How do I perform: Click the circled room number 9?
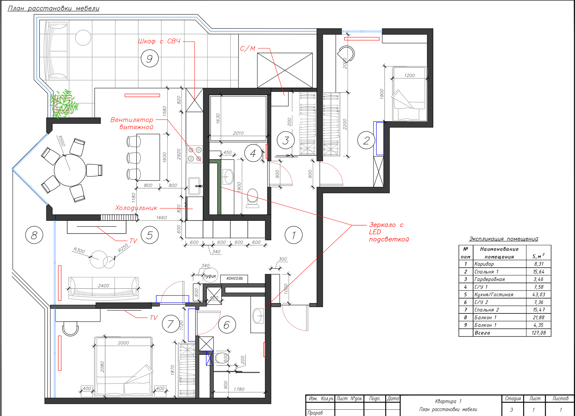click(150, 58)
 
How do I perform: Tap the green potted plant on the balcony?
click(64, 104)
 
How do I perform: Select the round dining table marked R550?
click(70, 170)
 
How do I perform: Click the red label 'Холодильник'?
click(136, 208)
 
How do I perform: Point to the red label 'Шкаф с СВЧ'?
click(159, 41)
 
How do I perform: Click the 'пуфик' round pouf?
click(210, 276)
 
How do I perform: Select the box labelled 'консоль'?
click(234, 279)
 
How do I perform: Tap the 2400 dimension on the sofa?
click(103, 286)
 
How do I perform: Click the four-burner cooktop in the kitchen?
click(194, 154)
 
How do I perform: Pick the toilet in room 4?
click(253, 198)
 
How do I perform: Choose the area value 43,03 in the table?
click(538, 294)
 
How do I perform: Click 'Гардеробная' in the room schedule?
click(490, 279)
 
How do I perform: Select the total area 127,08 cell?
click(538, 333)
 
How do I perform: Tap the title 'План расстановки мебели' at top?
click(53, 8)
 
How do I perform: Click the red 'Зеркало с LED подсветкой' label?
click(389, 232)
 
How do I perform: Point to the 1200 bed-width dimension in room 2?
click(409, 76)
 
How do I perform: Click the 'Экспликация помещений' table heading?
click(503, 239)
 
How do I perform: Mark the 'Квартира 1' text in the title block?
click(448, 401)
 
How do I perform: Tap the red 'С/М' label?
click(248, 49)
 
